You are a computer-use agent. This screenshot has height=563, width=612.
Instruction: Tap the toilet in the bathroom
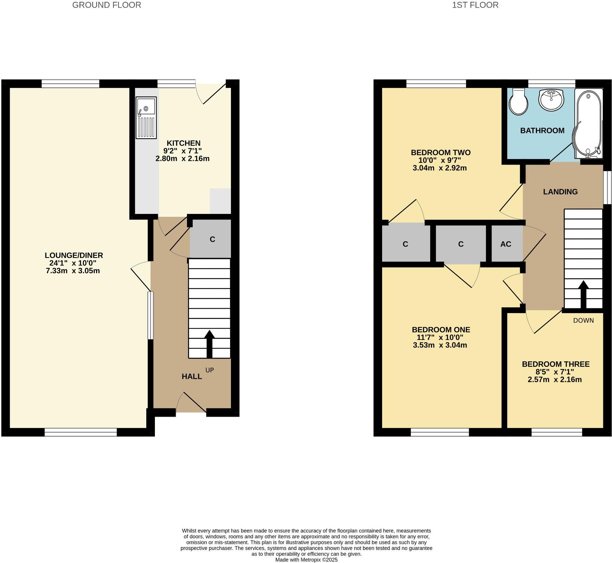point(518,102)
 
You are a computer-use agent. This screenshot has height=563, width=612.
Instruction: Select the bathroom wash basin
point(551,100)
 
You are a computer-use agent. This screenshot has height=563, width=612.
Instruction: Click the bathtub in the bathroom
point(588,123)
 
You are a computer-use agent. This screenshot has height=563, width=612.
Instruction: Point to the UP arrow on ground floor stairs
point(209,343)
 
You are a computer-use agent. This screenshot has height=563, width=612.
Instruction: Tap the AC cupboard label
point(505,244)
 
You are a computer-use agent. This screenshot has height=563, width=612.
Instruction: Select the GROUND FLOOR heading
point(107,5)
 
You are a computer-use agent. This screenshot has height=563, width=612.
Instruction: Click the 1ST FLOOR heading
point(475,5)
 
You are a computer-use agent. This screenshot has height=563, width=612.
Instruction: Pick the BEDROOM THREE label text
point(555,364)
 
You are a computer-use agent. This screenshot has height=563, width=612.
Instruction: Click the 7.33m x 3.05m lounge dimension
point(73,271)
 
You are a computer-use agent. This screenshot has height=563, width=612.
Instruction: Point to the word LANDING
point(560,192)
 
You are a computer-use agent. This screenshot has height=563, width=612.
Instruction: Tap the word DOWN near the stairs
point(583,320)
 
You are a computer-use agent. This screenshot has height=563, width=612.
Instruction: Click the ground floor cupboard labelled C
point(212,239)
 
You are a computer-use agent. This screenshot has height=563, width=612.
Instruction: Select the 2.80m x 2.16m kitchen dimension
point(182,158)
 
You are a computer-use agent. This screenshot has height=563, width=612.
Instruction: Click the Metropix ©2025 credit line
point(306,560)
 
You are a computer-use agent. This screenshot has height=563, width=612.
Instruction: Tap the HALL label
point(192,377)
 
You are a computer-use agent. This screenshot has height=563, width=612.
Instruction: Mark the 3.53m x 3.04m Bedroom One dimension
point(440,345)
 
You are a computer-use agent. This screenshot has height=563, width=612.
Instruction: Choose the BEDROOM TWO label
point(440,153)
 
